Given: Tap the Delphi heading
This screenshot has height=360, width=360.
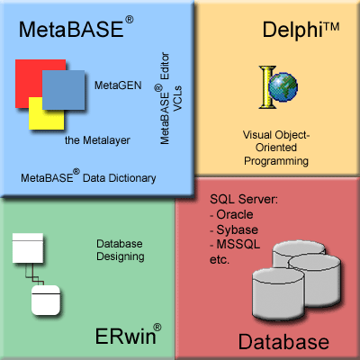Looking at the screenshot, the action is tap(301, 30).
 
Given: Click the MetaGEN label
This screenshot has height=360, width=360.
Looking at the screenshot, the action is tap(118, 85).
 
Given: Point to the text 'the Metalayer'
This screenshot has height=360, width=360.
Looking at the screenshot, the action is tap(97, 140).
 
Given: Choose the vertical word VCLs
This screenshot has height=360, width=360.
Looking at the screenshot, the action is tap(177, 98).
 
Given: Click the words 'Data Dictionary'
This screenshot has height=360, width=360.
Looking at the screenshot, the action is tap(120, 178).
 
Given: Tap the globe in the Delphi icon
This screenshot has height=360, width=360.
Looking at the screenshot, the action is tap(283, 87).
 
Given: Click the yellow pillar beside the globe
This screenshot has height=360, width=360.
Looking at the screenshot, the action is tap(267, 87).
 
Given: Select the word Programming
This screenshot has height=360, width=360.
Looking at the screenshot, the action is tap(276, 161).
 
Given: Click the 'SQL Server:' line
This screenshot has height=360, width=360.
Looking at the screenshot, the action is tap(244, 199).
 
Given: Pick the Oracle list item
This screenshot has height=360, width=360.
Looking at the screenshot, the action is tap(231, 214).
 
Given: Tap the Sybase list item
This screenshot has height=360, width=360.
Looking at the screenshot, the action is tap(234, 230).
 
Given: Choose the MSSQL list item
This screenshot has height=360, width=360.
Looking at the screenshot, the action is tap(235, 245).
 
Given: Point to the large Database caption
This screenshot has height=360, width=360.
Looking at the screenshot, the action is tap(283, 341).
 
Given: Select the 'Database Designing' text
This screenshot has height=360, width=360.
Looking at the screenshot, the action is tap(120, 250).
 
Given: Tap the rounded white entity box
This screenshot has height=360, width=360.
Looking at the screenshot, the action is tap(46, 300).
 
